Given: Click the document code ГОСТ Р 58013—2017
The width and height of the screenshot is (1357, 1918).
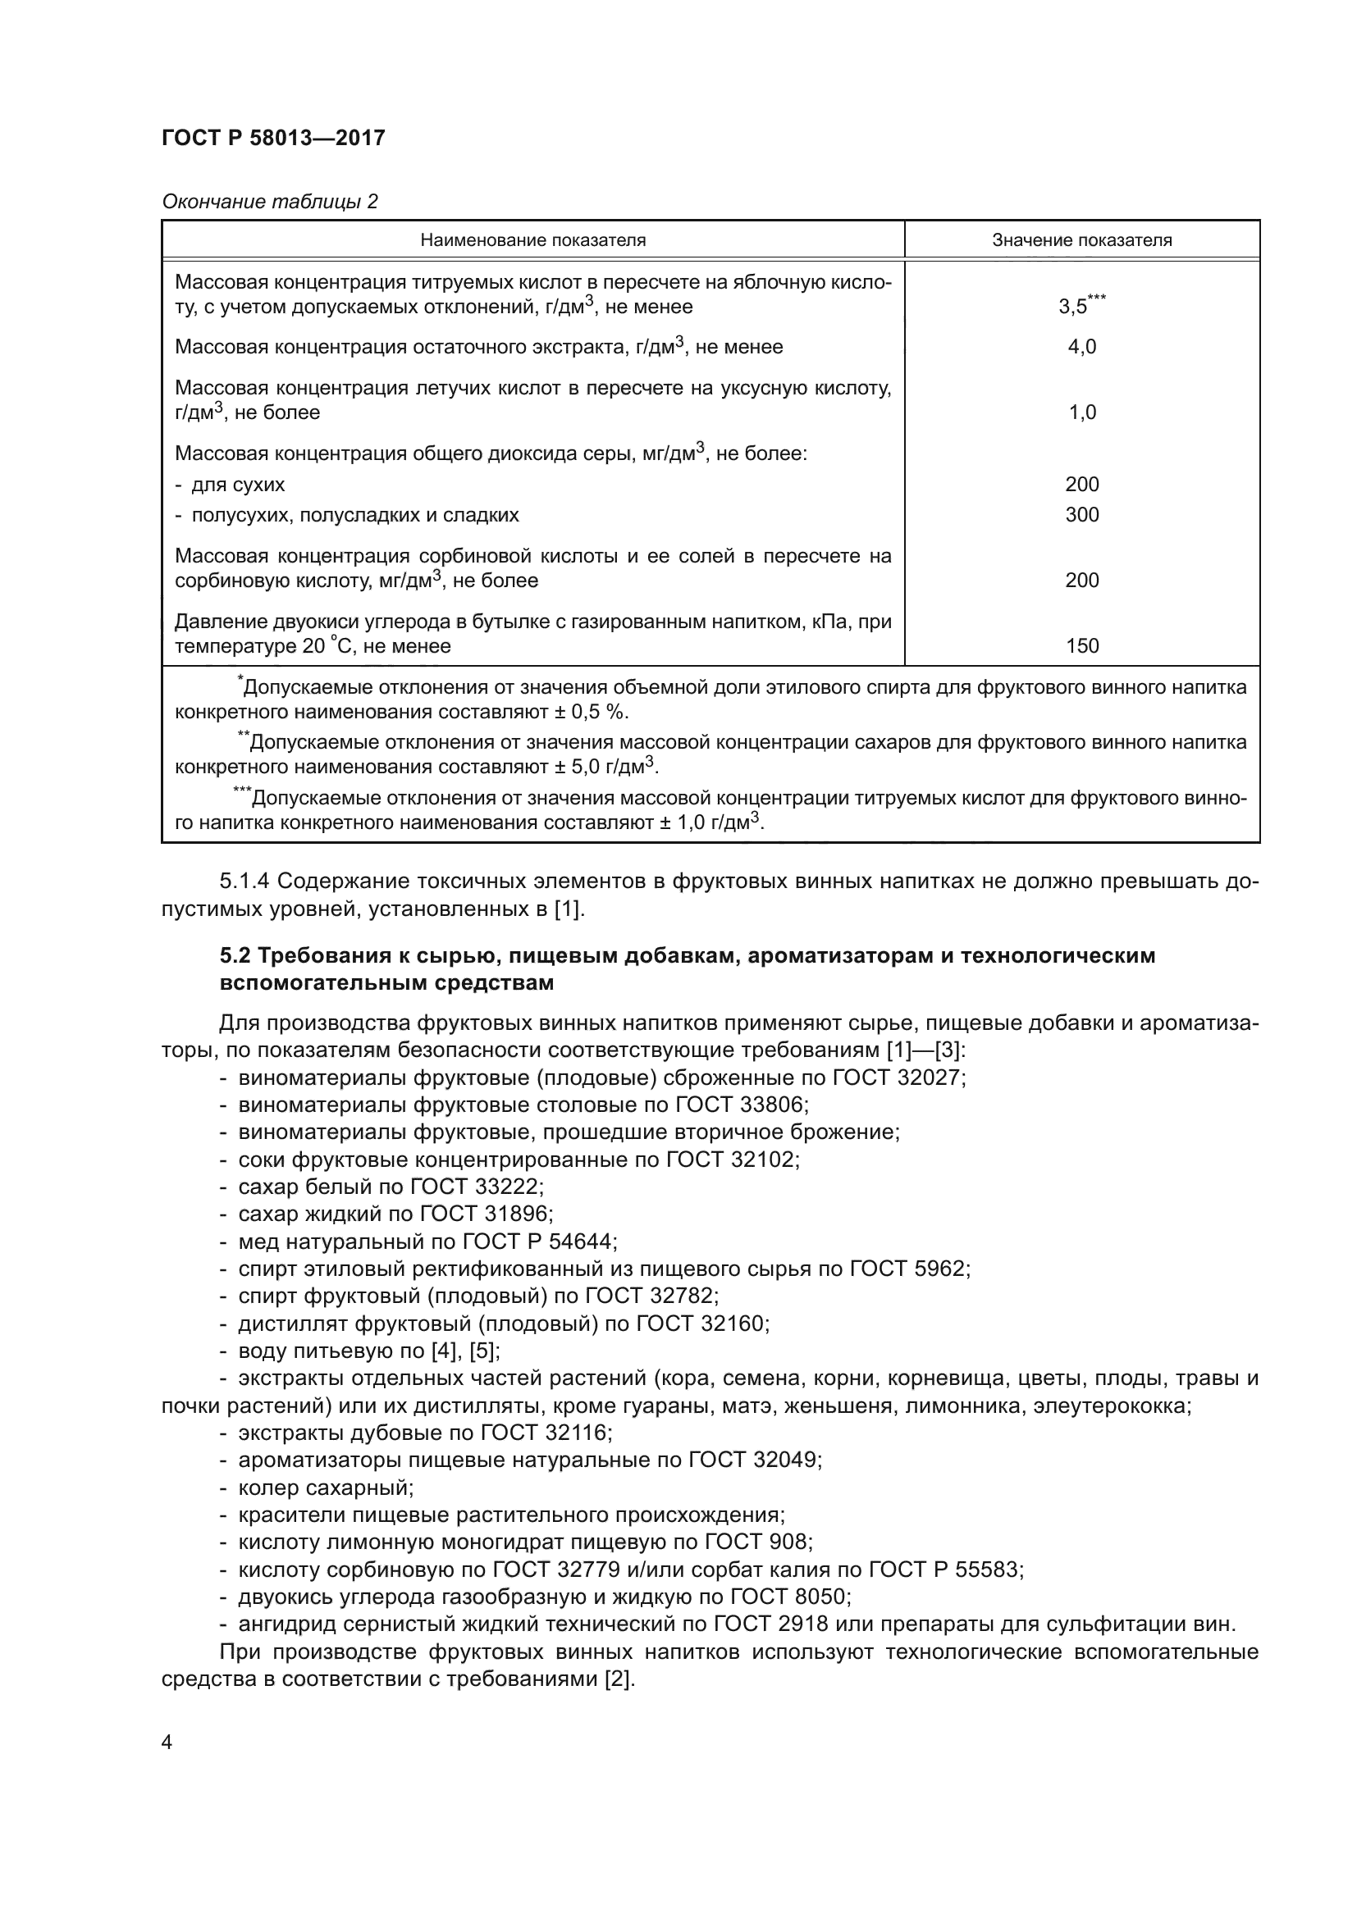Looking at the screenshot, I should [x=273, y=138].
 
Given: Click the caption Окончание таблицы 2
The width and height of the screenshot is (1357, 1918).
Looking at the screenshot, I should [x=269, y=202].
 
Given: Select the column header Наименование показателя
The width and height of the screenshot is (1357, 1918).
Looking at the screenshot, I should [x=532, y=240].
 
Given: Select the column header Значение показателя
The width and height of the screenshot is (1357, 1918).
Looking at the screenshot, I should [x=1081, y=240].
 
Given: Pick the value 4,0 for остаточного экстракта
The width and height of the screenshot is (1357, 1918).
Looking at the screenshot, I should [x=1081, y=347].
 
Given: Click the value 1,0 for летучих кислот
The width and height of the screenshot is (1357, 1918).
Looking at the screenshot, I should [x=1081, y=412].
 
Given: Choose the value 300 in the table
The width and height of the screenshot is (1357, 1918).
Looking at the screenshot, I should [x=1081, y=515].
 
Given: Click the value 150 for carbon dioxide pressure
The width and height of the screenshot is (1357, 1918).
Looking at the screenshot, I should [x=1081, y=645].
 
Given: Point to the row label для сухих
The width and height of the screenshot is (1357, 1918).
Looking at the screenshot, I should [x=237, y=485].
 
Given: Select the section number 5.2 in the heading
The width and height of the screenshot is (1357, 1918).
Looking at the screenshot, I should [x=235, y=954].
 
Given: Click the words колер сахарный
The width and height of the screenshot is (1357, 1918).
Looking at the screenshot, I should [x=325, y=1487].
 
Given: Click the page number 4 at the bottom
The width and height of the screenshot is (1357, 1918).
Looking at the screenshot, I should [x=167, y=1743].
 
